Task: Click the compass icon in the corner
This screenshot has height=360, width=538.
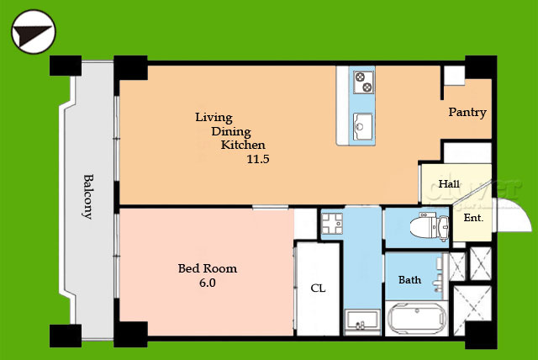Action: click(34, 32)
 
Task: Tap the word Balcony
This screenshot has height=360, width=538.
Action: click(88, 197)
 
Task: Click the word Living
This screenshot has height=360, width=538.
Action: click(214, 118)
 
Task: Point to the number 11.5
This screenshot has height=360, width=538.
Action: click(258, 159)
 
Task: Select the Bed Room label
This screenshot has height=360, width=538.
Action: click(208, 268)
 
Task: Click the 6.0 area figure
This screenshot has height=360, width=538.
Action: click(208, 283)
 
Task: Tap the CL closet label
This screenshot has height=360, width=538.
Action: click(318, 289)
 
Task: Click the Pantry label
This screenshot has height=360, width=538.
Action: click(467, 112)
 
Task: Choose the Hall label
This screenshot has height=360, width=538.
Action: click(449, 184)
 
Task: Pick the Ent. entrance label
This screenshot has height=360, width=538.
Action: click(473, 218)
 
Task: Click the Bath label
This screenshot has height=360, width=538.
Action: click(409, 280)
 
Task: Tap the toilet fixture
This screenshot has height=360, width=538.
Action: click(430, 226)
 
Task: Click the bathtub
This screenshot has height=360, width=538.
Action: click(417, 319)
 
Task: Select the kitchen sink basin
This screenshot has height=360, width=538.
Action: click(362, 126)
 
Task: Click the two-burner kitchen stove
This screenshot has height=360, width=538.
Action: click(364, 82)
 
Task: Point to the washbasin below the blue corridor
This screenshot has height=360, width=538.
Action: click(362, 320)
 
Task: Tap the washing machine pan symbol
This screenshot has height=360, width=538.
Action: click(332, 224)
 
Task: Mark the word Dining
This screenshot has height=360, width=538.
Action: click(231, 132)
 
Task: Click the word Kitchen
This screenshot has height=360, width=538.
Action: click(243, 145)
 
